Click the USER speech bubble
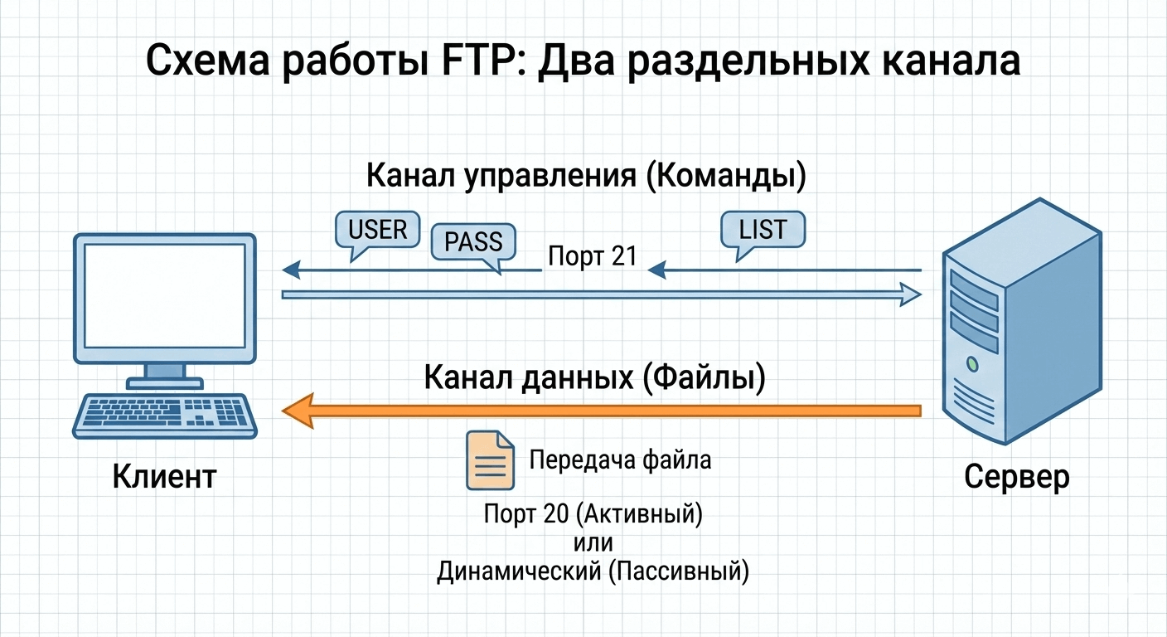(x=377, y=229)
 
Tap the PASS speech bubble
(x=473, y=241)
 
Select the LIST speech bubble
(x=763, y=228)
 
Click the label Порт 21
(x=592, y=256)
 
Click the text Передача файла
(x=620, y=460)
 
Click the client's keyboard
(x=165, y=415)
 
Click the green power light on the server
(x=972, y=364)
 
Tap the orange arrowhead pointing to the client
(x=298, y=411)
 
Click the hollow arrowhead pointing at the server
(x=910, y=294)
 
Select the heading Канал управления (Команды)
(x=585, y=177)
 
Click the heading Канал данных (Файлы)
(x=594, y=377)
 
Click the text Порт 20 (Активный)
(x=593, y=515)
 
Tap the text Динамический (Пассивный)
(x=593, y=571)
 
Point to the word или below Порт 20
(x=592, y=543)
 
